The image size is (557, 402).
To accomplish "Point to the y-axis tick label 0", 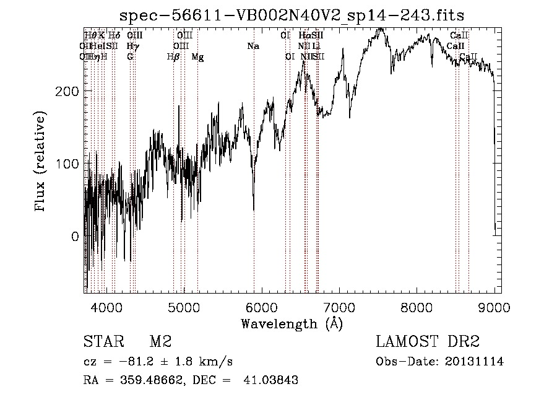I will point(75,236).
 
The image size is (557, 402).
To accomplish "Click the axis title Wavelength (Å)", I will point(291,323).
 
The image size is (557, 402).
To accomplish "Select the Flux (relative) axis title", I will point(42,163).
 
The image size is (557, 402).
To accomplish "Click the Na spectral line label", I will point(253,46).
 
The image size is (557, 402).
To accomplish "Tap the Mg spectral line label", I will point(197,56).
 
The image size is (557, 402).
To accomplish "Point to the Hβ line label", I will point(173,56).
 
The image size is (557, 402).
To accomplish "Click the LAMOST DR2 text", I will point(428,341).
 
